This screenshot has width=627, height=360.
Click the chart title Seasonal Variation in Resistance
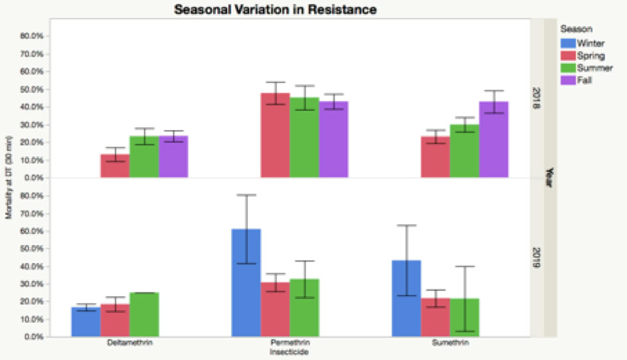tap(275, 9)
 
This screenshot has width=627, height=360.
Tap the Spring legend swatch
tap(569, 56)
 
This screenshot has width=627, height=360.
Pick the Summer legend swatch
tap(569, 68)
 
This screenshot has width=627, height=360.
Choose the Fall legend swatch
tap(569, 80)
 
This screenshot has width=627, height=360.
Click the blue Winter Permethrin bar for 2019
tap(246, 282)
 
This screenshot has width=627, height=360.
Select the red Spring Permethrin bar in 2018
tap(275, 135)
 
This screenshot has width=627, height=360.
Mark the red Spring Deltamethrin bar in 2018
tap(115, 166)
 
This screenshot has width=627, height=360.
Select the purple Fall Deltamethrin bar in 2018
tap(173, 157)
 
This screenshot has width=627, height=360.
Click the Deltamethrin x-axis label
tap(129, 344)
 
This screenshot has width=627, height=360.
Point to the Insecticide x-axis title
tap(289, 352)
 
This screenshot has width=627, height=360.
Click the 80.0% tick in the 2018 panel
tap(33, 36)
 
